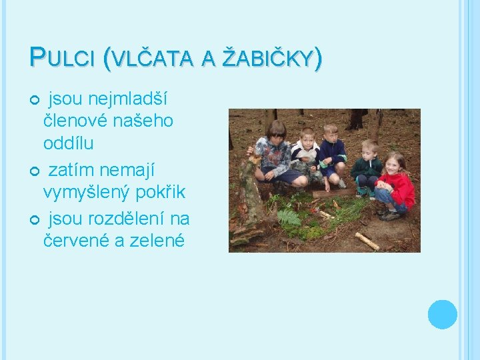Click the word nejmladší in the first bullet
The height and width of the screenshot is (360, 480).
click(x=126, y=99)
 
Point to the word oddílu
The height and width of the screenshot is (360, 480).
click(x=68, y=143)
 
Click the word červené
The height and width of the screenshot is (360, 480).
click(x=75, y=241)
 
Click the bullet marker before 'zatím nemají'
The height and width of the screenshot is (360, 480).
click(x=34, y=171)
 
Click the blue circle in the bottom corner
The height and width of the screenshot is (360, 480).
click(x=442, y=314)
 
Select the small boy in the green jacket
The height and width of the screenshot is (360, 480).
click(x=367, y=168)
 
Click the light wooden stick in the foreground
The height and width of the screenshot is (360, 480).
click(x=367, y=241)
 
